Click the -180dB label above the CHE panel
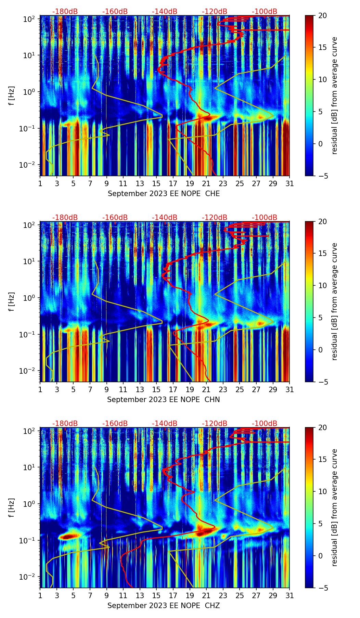pos(65,12)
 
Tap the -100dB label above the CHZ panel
pos(265,424)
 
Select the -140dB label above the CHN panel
pos(165,218)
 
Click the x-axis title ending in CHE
pos(164,194)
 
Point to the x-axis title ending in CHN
pos(163,400)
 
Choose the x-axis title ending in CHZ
pos(163,606)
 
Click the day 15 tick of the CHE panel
pos(156,183)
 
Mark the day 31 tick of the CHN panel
pos(289,389)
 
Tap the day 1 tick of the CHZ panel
pos(40,595)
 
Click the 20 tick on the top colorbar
pos(323,15)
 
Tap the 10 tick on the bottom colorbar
pos(323,492)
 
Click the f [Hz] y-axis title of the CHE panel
pos(12,95)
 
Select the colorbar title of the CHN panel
pos(334,301)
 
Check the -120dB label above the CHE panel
pos(215,12)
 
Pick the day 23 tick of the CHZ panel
pos(223,595)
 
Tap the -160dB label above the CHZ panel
pos(115,424)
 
